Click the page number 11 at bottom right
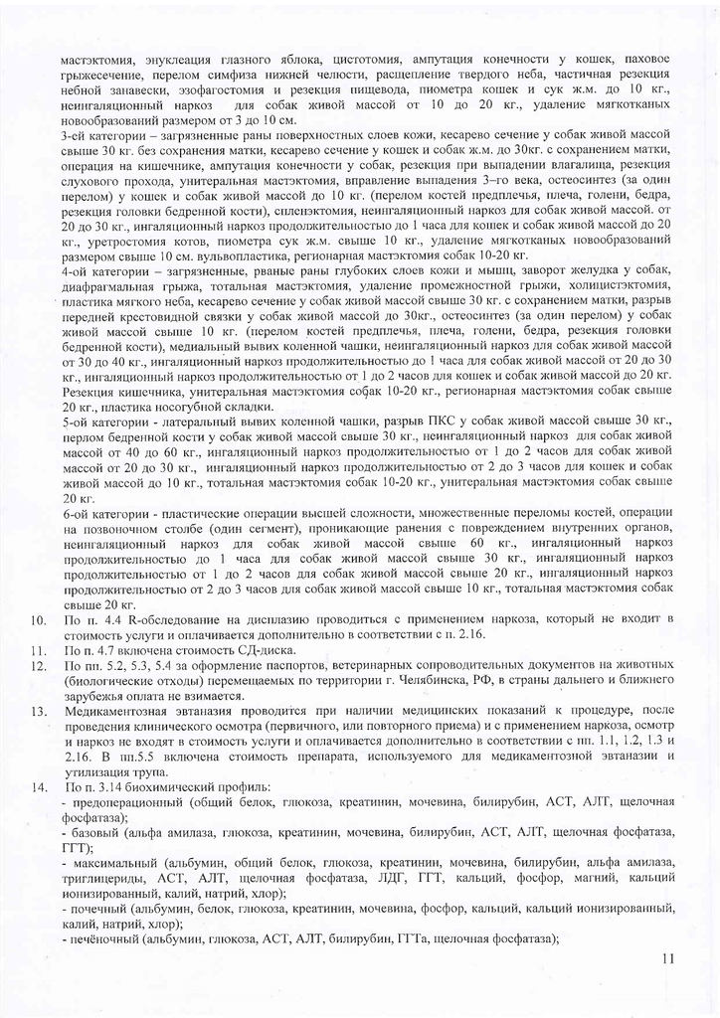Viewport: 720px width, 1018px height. pyautogui.click(x=666, y=958)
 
